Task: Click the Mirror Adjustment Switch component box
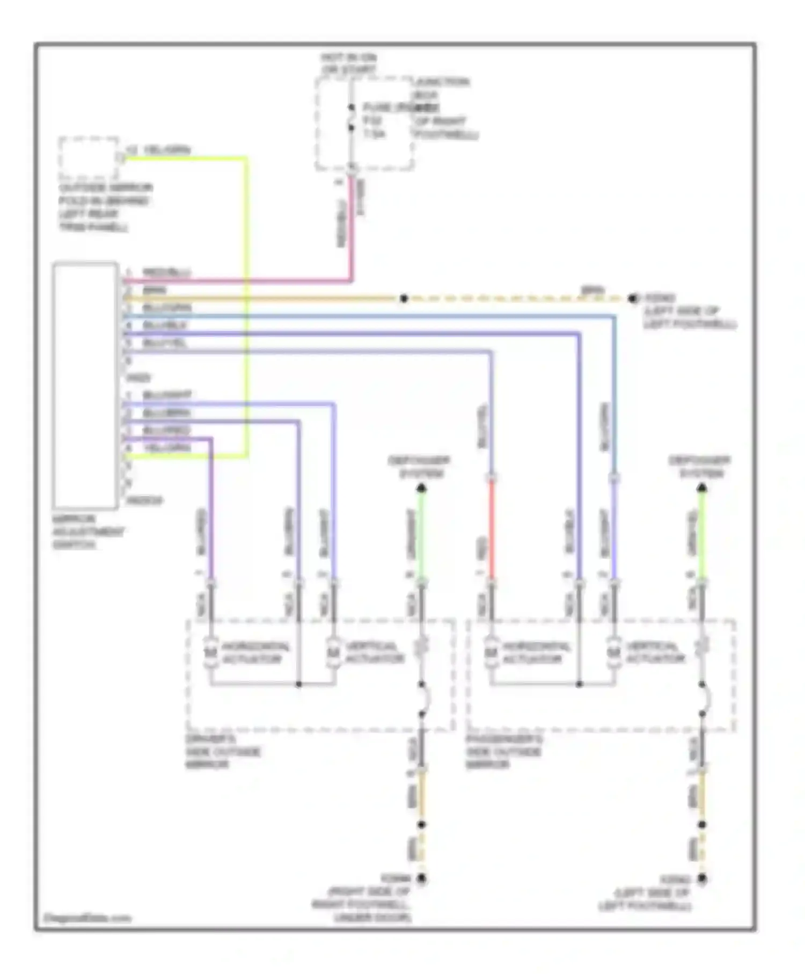pos(85,384)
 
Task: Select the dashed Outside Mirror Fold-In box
pos(89,157)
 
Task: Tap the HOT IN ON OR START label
pos(349,63)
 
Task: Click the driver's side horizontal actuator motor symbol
pos(211,653)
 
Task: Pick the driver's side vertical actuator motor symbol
pos(334,653)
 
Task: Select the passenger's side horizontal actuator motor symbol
pos(491,653)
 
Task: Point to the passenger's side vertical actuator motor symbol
pos(614,653)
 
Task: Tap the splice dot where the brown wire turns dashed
pos(404,299)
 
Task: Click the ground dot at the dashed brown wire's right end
pos(633,299)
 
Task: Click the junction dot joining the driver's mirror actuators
pos(299,685)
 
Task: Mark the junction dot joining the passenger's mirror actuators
pos(579,685)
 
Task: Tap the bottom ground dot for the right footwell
pos(422,879)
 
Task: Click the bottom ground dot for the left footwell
pos(702,879)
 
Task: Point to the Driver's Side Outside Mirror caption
pos(223,752)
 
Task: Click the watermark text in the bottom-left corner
pos(86,918)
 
